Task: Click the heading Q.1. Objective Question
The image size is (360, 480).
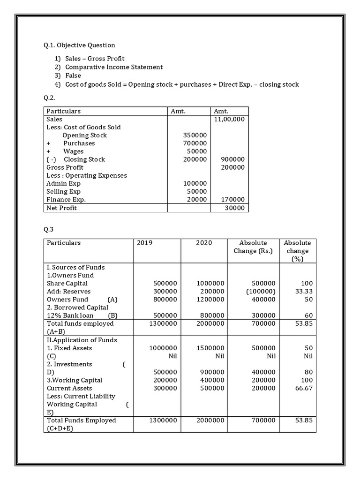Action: [79, 45]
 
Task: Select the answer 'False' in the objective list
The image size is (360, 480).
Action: [73, 75]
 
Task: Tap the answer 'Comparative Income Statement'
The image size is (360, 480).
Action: [114, 67]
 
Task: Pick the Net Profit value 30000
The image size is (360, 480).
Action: [234, 208]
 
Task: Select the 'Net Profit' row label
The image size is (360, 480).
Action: [61, 208]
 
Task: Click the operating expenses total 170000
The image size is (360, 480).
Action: [232, 200]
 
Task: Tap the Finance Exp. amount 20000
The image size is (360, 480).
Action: [196, 200]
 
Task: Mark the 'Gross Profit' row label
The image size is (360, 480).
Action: [65, 167]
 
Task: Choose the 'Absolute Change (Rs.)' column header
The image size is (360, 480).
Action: [253, 247]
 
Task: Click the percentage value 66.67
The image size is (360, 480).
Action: [303, 388]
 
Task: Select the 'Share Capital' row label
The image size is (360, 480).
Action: [67, 284]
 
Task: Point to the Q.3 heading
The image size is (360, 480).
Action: [49, 230]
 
